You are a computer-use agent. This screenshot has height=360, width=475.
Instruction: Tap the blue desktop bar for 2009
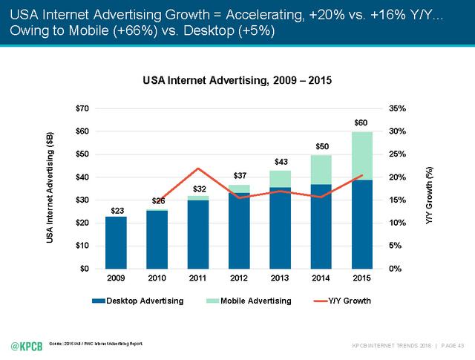(x=116, y=242)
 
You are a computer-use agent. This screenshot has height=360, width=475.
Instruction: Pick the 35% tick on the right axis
(x=398, y=109)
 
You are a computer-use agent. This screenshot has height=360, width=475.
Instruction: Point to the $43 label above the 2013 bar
(x=281, y=161)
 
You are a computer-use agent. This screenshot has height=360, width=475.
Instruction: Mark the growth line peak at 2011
(x=198, y=168)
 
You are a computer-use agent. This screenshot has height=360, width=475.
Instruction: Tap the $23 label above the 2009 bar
(x=117, y=211)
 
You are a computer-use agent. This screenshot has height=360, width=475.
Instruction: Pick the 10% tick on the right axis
(x=398, y=223)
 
